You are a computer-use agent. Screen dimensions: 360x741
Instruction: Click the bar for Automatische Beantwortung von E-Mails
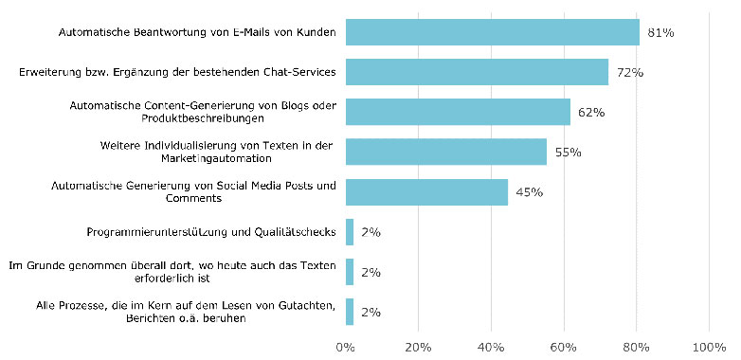pyautogui.click(x=492, y=32)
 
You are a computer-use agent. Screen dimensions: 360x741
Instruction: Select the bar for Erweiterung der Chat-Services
pyautogui.click(x=477, y=72)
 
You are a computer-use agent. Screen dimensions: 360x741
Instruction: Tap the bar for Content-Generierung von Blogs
pyautogui.click(x=458, y=112)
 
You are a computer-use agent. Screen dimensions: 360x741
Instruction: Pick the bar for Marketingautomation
pyautogui.click(x=445, y=152)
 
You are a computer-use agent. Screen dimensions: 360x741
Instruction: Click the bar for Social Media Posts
pyautogui.click(x=426, y=192)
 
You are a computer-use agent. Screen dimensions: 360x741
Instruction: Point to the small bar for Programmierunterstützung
pyautogui.click(x=350, y=232)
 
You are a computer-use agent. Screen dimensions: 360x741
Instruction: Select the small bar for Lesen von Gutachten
pyautogui.click(x=350, y=312)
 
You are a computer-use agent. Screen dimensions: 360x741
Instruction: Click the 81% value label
pyautogui.click(x=660, y=32)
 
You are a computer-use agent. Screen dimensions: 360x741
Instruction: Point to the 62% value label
pyautogui.click(x=590, y=112)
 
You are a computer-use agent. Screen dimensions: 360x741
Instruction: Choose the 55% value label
pyautogui.click(x=567, y=152)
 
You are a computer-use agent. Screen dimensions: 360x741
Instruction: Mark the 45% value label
pyautogui.click(x=529, y=192)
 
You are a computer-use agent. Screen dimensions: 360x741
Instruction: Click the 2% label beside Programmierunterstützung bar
pyautogui.click(x=370, y=232)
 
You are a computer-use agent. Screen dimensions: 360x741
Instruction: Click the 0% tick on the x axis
pyautogui.click(x=346, y=347)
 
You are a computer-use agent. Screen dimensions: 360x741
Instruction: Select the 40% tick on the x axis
pyautogui.click(x=491, y=347)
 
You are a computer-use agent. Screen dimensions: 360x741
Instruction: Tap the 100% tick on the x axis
pyautogui.click(x=709, y=347)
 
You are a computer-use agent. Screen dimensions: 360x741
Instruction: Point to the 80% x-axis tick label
pyautogui.click(x=637, y=347)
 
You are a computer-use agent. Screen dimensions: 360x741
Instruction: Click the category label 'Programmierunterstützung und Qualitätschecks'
pyautogui.click(x=210, y=232)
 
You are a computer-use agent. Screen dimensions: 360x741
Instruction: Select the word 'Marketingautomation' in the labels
pyautogui.click(x=218, y=158)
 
